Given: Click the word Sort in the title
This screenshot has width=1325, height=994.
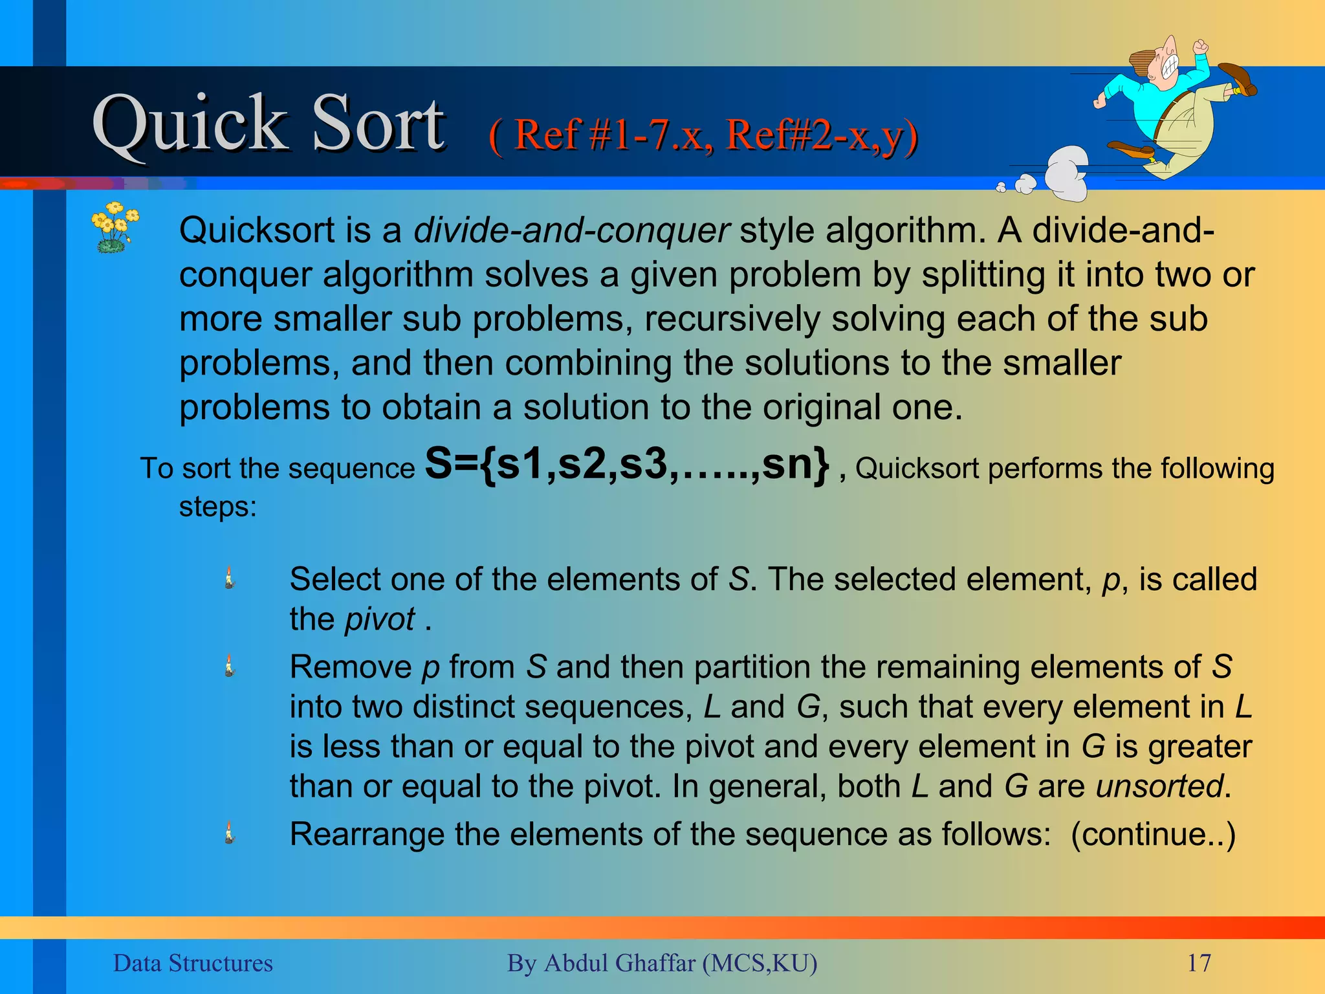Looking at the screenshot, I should tap(378, 124).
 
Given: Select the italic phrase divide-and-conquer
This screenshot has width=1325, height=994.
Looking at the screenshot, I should tap(571, 230).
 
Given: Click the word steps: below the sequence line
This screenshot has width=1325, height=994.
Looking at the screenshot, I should tap(217, 507).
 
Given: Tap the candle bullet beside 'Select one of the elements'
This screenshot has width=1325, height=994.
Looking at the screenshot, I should tap(229, 578).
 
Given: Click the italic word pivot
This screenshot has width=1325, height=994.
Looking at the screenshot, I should tap(380, 619).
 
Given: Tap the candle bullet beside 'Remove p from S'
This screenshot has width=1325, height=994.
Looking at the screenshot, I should tap(229, 666).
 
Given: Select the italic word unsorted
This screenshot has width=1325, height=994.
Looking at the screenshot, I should tap(1159, 786).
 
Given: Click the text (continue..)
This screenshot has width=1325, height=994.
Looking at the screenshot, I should tap(1153, 834).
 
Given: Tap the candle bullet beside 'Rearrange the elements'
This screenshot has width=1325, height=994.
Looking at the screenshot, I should tap(229, 833).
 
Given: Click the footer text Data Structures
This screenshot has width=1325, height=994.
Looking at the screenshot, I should tap(193, 963).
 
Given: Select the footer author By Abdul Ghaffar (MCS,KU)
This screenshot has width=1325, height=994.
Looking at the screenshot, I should tap(662, 963).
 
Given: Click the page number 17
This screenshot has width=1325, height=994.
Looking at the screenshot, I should tap(1199, 963).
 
